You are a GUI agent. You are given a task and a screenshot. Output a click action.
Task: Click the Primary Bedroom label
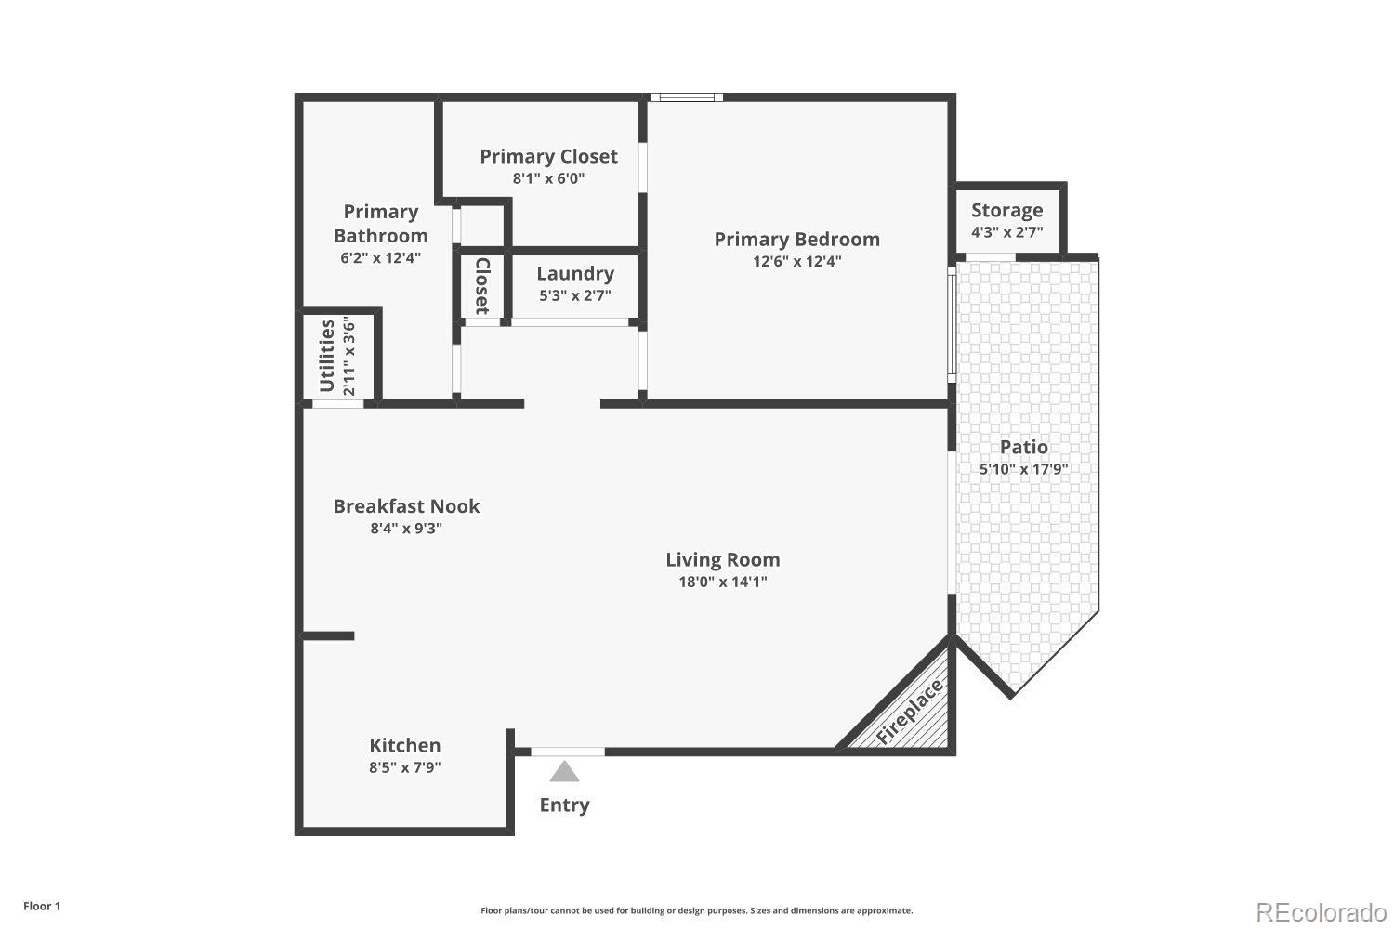tap(796, 239)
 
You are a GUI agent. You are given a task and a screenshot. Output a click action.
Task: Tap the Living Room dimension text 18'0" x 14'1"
tap(722, 582)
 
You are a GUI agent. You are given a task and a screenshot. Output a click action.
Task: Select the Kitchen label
tap(404, 745)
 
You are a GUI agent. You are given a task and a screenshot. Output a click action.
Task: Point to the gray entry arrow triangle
tap(564, 771)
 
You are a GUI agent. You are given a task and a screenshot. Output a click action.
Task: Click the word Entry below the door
tap(564, 805)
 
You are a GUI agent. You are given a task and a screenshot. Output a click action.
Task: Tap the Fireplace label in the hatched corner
tap(910, 712)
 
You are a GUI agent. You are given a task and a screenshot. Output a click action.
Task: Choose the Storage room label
tap(1006, 210)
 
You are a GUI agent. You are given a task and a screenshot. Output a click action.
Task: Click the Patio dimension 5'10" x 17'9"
tap(1023, 469)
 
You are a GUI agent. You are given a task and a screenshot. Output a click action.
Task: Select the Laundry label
tap(575, 273)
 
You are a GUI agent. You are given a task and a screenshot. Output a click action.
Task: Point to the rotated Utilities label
tap(327, 356)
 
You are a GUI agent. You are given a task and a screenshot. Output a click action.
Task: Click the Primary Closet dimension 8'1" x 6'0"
tap(548, 178)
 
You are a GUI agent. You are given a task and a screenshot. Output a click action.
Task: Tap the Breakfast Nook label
tap(406, 506)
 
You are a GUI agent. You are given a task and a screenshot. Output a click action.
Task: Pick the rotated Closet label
tap(482, 286)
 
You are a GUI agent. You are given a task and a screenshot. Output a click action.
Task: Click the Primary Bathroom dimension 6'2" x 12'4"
tap(380, 258)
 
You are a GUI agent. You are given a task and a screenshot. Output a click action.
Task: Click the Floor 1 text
tap(42, 906)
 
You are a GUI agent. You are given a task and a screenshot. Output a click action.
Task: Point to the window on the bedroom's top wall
tap(686, 97)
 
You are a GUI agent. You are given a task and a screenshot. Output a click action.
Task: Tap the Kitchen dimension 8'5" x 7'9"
tap(404, 767)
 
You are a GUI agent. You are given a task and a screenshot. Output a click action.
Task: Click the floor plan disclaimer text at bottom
tap(696, 910)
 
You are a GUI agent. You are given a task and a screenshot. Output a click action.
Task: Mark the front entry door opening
tap(567, 752)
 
